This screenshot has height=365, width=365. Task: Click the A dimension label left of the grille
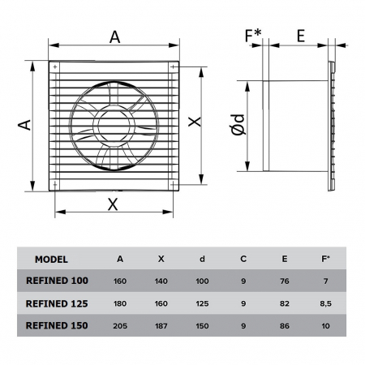pyautogui.click(x=24, y=124)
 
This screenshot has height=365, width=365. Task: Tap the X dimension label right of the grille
pyautogui.click(x=193, y=121)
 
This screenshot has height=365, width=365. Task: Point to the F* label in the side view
pyautogui.click(x=252, y=36)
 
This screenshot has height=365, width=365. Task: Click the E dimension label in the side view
pyautogui.click(x=300, y=36)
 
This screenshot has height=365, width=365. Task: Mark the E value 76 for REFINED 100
pyautogui.click(x=283, y=281)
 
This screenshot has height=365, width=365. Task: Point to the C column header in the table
pyautogui.click(x=243, y=260)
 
